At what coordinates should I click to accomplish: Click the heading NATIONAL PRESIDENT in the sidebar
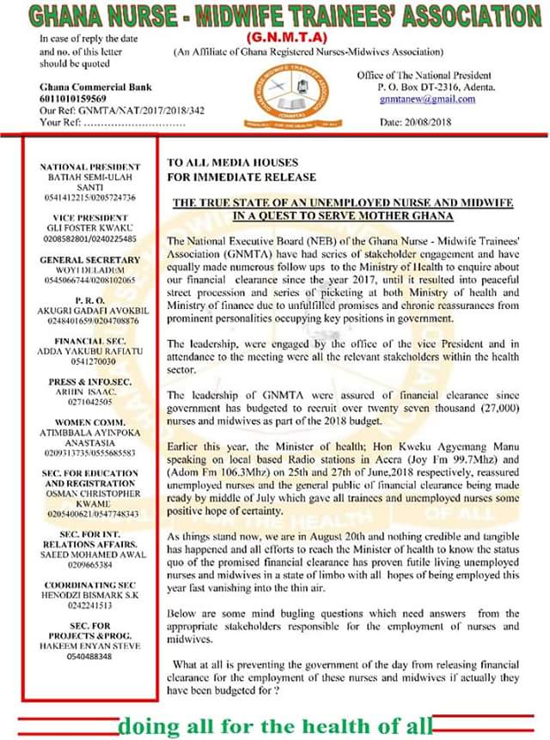coord(89,167)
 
